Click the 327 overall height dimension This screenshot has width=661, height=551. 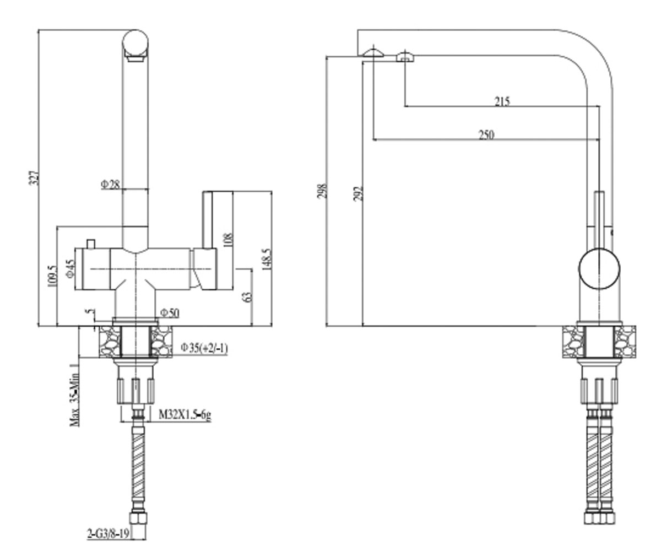(x=34, y=178)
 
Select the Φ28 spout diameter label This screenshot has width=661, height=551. (x=111, y=184)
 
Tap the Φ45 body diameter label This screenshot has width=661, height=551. (x=71, y=269)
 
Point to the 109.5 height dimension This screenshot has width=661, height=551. (x=52, y=276)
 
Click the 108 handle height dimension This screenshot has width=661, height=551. (x=228, y=240)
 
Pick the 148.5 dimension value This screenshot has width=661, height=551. (x=267, y=259)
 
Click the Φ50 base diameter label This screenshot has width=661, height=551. (x=170, y=313)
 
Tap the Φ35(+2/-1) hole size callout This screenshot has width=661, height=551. (x=204, y=348)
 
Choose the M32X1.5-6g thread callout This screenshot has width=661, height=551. (x=185, y=414)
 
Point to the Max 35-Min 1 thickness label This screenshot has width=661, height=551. (x=75, y=395)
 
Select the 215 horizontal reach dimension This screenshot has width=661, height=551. (x=502, y=101)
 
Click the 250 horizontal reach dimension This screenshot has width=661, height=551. (x=486, y=135)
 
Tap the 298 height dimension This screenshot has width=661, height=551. (x=322, y=191)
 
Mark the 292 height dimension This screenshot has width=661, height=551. (x=357, y=193)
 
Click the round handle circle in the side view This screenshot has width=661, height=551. (x=579, y=268)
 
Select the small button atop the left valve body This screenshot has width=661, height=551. (x=91, y=244)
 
